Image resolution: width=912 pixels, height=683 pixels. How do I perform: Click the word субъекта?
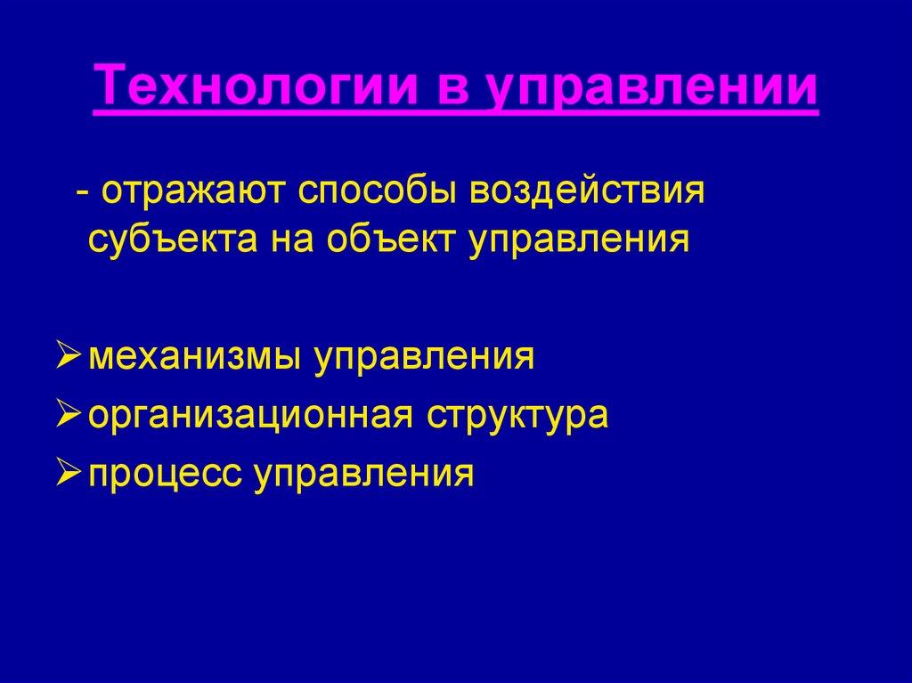[x=167, y=240]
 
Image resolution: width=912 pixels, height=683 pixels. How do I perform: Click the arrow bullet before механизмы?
[x=69, y=356]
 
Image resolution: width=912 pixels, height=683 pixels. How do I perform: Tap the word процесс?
[x=164, y=473]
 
